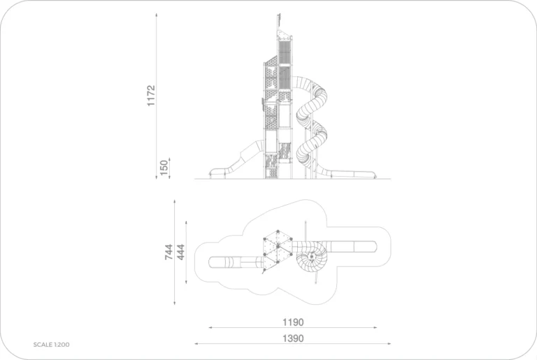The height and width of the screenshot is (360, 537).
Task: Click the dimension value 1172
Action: point(151,96)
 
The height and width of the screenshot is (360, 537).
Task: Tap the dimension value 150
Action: point(164,168)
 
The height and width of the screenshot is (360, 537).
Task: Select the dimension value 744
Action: point(169,252)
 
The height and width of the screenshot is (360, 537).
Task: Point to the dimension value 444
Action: point(180,252)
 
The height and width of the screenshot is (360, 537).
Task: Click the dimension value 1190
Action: point(293,322)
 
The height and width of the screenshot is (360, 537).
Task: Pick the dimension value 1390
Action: point(293,338)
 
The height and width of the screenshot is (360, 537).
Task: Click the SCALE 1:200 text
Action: point(51,345)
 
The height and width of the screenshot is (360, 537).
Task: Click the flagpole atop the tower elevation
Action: point(278,22)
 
